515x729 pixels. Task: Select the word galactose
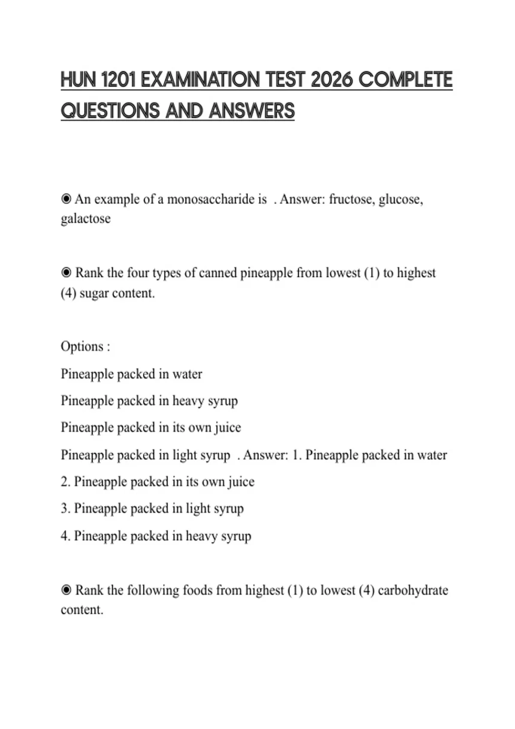pyautogui.click(x=85, y=219)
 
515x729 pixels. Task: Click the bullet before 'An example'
pyautogui.click(x=66, y=199)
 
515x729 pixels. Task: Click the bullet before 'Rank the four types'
pyautogui.click(x=66, y=272)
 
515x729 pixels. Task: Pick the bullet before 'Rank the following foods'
pyautogui.click(x=66, y=590)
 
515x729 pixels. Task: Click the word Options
pyautogui.click(x=82, y=346)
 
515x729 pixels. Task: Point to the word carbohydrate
pyautogui.click(x=413, y=590)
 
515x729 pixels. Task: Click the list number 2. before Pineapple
pyautogui.click(x=65, y=482)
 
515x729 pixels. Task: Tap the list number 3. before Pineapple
pyautogui.click(x=65, y=509)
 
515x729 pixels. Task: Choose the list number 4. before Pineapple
pyautogui.click(x=65, y=536)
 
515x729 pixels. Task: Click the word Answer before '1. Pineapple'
pyautogui.click(x=265, y=455)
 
